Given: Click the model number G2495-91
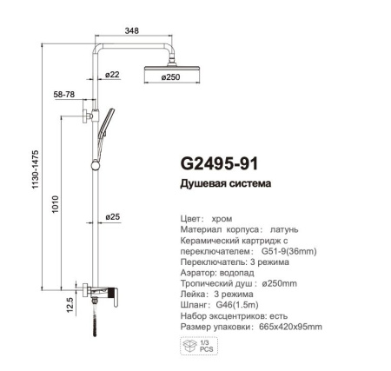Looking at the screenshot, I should (218, 163).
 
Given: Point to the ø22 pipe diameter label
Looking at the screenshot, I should (112, 76).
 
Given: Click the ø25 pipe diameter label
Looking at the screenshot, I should (112, 215).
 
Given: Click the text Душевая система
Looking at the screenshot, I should (226, 184).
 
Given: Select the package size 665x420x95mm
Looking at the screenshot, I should (288, 327).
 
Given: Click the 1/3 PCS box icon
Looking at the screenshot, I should (193, 347).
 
